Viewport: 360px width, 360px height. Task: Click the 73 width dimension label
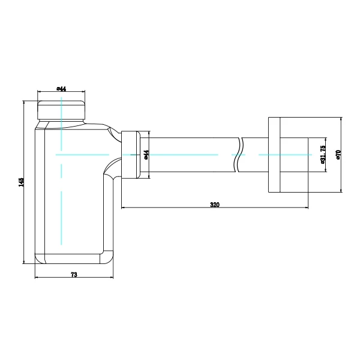[x=74, y=274]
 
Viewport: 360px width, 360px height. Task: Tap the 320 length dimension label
[x=214, y=205]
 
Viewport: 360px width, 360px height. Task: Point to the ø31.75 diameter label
[x=323, y=155]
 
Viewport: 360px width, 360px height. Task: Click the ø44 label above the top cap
[x=61, y=89]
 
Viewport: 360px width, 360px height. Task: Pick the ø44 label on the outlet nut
[x=146, y=155]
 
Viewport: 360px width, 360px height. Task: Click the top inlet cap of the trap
[x=61, y=108]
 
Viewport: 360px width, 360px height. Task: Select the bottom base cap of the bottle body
[x=72, y=259]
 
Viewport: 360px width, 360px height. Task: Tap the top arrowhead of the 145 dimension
[x=24, y=102]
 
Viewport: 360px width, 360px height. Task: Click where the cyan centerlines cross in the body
[x=61, y=155]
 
